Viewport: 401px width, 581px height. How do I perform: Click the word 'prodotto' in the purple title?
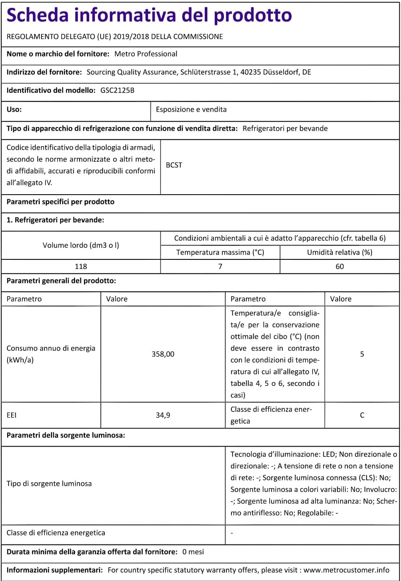[x=253, y=15]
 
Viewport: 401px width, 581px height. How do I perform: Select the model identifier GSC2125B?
[x=117, y=90]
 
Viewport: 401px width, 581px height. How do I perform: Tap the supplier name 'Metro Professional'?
[x=146, y=54]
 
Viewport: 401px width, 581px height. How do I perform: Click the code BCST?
[x=174, y=165]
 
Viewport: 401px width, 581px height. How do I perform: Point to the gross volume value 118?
[x=81, y=266]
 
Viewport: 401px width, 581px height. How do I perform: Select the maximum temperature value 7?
[x=220, y=266]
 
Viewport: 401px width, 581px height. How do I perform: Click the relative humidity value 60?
[x=340, y=266]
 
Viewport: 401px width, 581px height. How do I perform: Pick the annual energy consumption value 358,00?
[x=163, y=354]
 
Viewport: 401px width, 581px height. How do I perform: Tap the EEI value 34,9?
[x=163, y=415]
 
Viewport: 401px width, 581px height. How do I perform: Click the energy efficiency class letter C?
[x=362, y=415]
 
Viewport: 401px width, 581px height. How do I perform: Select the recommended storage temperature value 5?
[x=362, y=354]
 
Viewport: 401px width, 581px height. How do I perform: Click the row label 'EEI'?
[x=12, y=415]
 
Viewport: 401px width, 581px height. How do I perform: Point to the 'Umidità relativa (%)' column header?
[x=340, y=252]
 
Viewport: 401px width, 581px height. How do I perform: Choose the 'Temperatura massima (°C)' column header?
[x=220, y=252]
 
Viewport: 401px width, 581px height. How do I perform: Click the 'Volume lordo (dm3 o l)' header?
[x=81, y=245]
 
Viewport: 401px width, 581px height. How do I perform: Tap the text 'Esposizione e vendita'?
[x=191, y=110]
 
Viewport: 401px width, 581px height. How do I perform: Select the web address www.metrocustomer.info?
[x=346, y=570]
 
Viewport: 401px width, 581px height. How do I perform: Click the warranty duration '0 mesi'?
[x=193, y=552]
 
